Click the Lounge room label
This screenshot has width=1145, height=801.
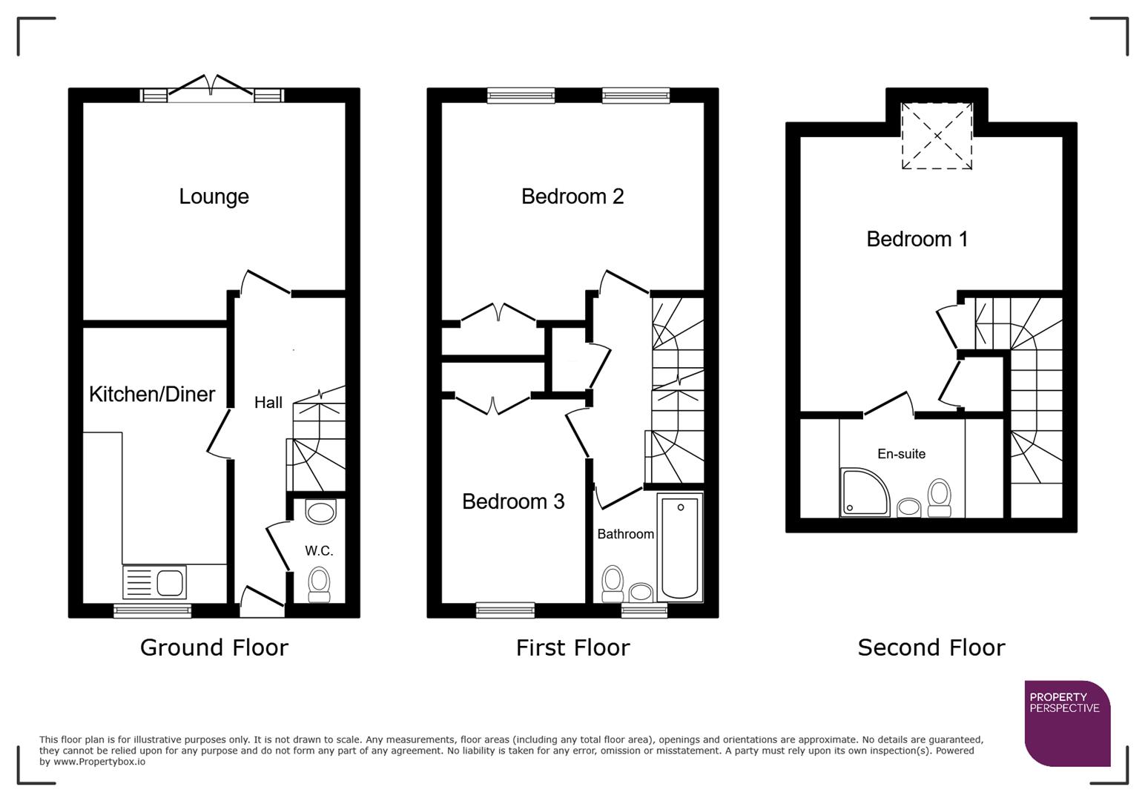point(214,197)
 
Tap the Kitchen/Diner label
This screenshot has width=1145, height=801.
point(152,394)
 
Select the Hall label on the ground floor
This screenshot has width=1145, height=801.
point(268,403)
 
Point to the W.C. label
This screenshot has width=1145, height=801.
point(319,551)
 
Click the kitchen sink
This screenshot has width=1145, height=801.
point(155,582)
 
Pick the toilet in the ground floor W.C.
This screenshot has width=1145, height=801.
point(319,584)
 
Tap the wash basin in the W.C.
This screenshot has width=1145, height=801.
point(320,512)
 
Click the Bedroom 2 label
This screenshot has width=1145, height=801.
point(572,197)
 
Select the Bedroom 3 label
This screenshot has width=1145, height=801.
point(513,501)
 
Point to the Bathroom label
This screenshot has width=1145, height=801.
point(625,534)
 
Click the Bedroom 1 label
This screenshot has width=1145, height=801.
point(917,239)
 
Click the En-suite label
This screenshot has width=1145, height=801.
point(901,454)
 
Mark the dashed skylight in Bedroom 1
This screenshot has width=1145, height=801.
point(937,136)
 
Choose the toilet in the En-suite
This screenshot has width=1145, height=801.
point(939,498)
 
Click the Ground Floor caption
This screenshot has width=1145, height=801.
point(214,647)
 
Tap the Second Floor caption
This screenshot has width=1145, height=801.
point(931,647)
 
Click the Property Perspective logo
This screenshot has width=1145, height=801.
point(1067,723)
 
